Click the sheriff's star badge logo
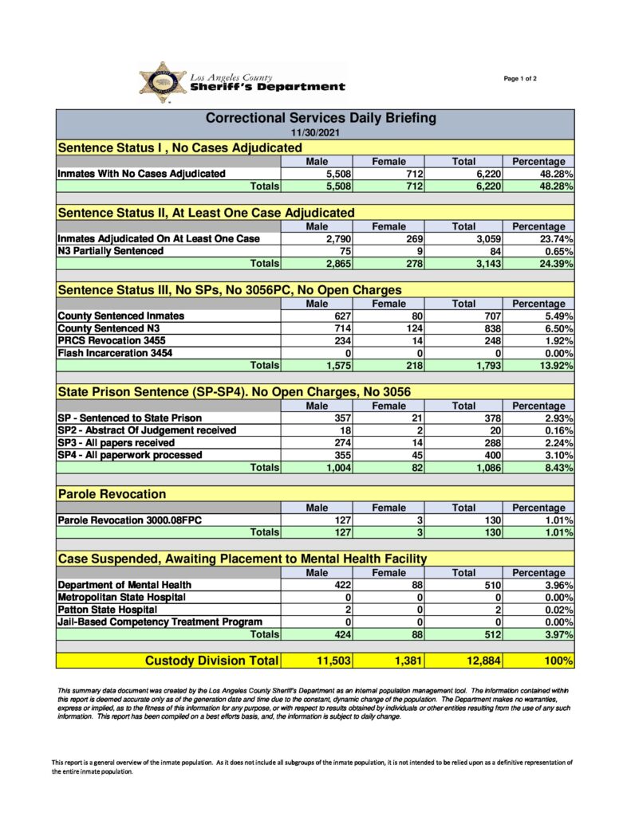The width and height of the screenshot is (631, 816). pos(163,83)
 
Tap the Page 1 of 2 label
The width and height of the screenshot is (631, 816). pos(520,78)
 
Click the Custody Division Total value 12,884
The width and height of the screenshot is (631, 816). pos(479,660)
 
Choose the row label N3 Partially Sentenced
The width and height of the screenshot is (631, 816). pos(110,251)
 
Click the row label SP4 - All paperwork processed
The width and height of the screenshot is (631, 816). pos(129,455)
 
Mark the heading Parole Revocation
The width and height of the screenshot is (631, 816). pos(112,494)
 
